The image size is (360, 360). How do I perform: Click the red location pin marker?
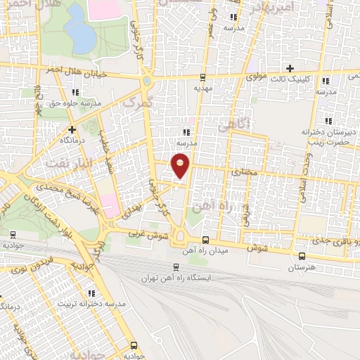coord(181,165)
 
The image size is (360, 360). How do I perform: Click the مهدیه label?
coord(202,89)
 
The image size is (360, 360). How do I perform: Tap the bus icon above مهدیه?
coord(202,78)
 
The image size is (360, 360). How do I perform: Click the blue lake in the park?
coord(78,31)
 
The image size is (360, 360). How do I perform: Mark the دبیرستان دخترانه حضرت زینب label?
coord(325,136)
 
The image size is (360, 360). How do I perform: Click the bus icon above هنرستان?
coord(302,256)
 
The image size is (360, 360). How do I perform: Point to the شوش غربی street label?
coord(149,236)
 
